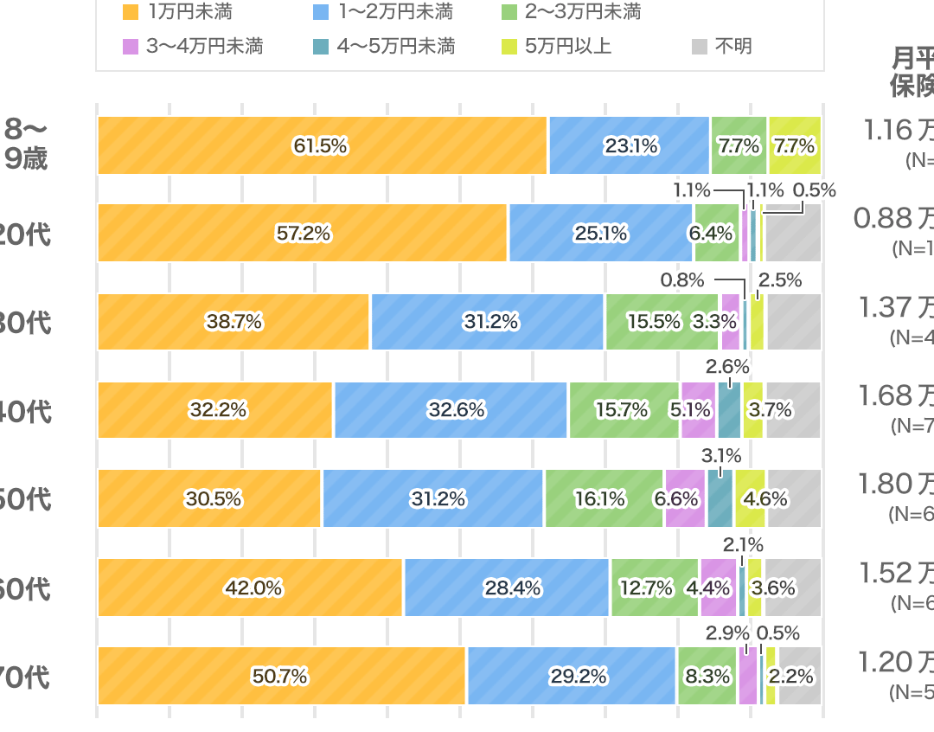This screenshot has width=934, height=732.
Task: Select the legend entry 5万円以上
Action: pyautogui.click(x=567, y=47)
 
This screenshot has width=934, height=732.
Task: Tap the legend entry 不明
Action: pyautogui.click(x=732, y=47)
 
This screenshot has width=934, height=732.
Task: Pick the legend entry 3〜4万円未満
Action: pyautogui.click(x=204, y=47)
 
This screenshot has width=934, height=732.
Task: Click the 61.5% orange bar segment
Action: pyautogui.click(x=322, y=145)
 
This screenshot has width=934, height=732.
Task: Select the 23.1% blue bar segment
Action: pyautogui.click(x=630, y=145)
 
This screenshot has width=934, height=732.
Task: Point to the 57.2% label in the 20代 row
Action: pyautogui.click(x=303, y=234)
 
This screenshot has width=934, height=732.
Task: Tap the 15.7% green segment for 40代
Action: pyautogui.click(x=623, y=410)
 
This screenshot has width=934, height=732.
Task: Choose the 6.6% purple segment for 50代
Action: pyautogui.click(x=684, y=498)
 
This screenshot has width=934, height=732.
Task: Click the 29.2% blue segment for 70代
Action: pyautogui.click(x=571, y=676)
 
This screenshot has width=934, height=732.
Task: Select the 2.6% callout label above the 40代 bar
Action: pyautogui.click(x=727, y=366)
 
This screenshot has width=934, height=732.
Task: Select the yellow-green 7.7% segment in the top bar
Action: pyautogui.click(x=794, y=145)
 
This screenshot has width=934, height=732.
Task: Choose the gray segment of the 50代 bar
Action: pyautogui.click(x=794, y=498)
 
